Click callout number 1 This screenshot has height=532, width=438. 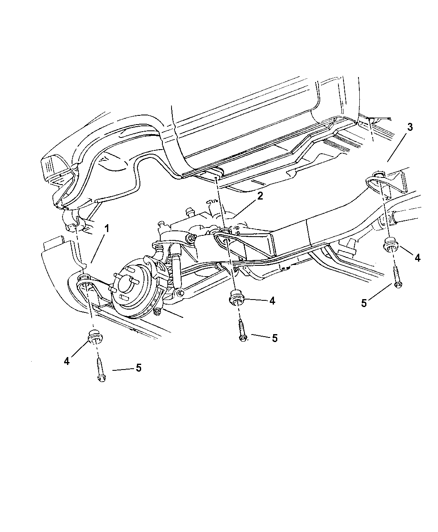[x=107, y=228]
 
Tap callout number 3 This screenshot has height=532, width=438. [x=410, y=127]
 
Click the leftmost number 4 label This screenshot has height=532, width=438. [x=67, y=361]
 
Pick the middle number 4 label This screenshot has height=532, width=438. [x=272, y=301]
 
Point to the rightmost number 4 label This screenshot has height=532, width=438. [x=417, y=258]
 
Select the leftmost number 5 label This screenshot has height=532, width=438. [x=139, y=368]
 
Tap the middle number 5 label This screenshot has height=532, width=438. [x=274, y=338]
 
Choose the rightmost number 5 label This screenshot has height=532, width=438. [x=364, y=303]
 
